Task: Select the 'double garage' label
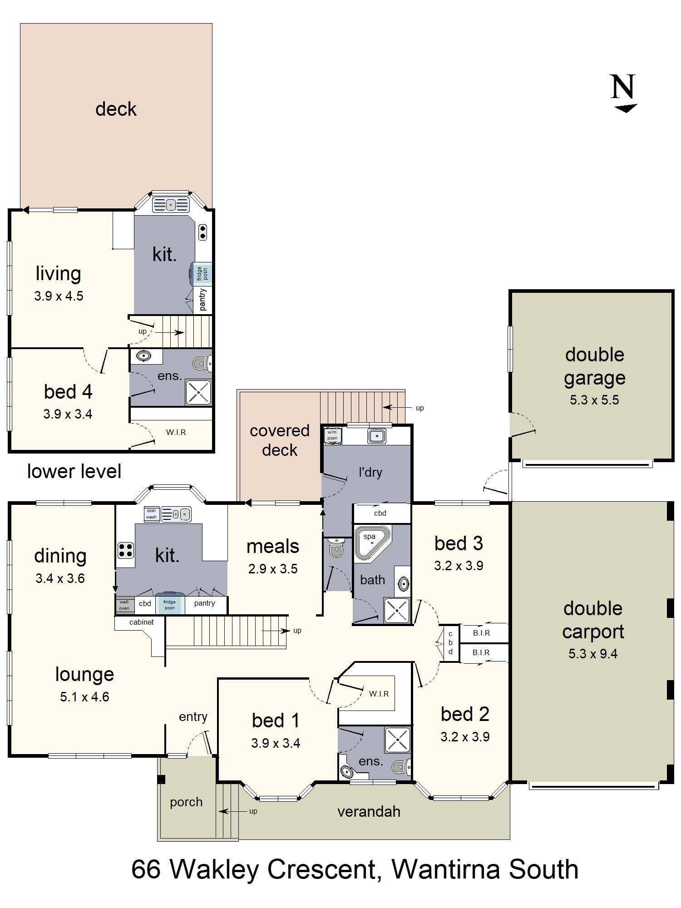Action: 594,366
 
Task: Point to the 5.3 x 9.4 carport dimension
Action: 593,654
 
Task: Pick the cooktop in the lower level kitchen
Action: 202,232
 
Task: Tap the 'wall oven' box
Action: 124,605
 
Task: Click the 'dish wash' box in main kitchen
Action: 151,513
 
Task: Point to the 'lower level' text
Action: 74,471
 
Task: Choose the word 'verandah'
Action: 369,811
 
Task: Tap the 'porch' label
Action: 186,803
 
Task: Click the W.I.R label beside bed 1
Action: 379,694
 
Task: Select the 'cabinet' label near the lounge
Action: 141,622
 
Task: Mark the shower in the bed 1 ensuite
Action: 397,740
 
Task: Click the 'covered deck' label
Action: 280,440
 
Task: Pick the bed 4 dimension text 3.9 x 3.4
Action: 68,414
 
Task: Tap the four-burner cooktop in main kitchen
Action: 126,550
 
